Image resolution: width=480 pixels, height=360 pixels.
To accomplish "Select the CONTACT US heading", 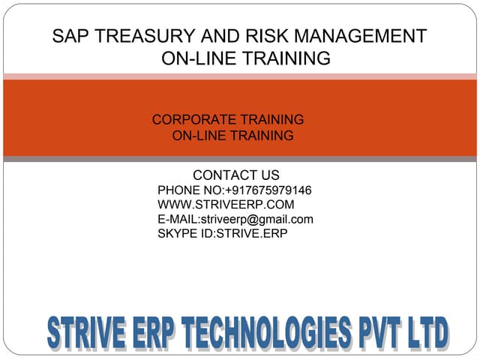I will coord(236,175).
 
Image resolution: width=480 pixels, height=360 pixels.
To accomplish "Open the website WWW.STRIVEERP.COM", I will coord(226,204).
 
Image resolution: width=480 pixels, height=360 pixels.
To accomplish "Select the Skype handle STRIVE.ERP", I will coord(252,233).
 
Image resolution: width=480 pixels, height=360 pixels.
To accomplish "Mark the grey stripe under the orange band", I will coord(240,159).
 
